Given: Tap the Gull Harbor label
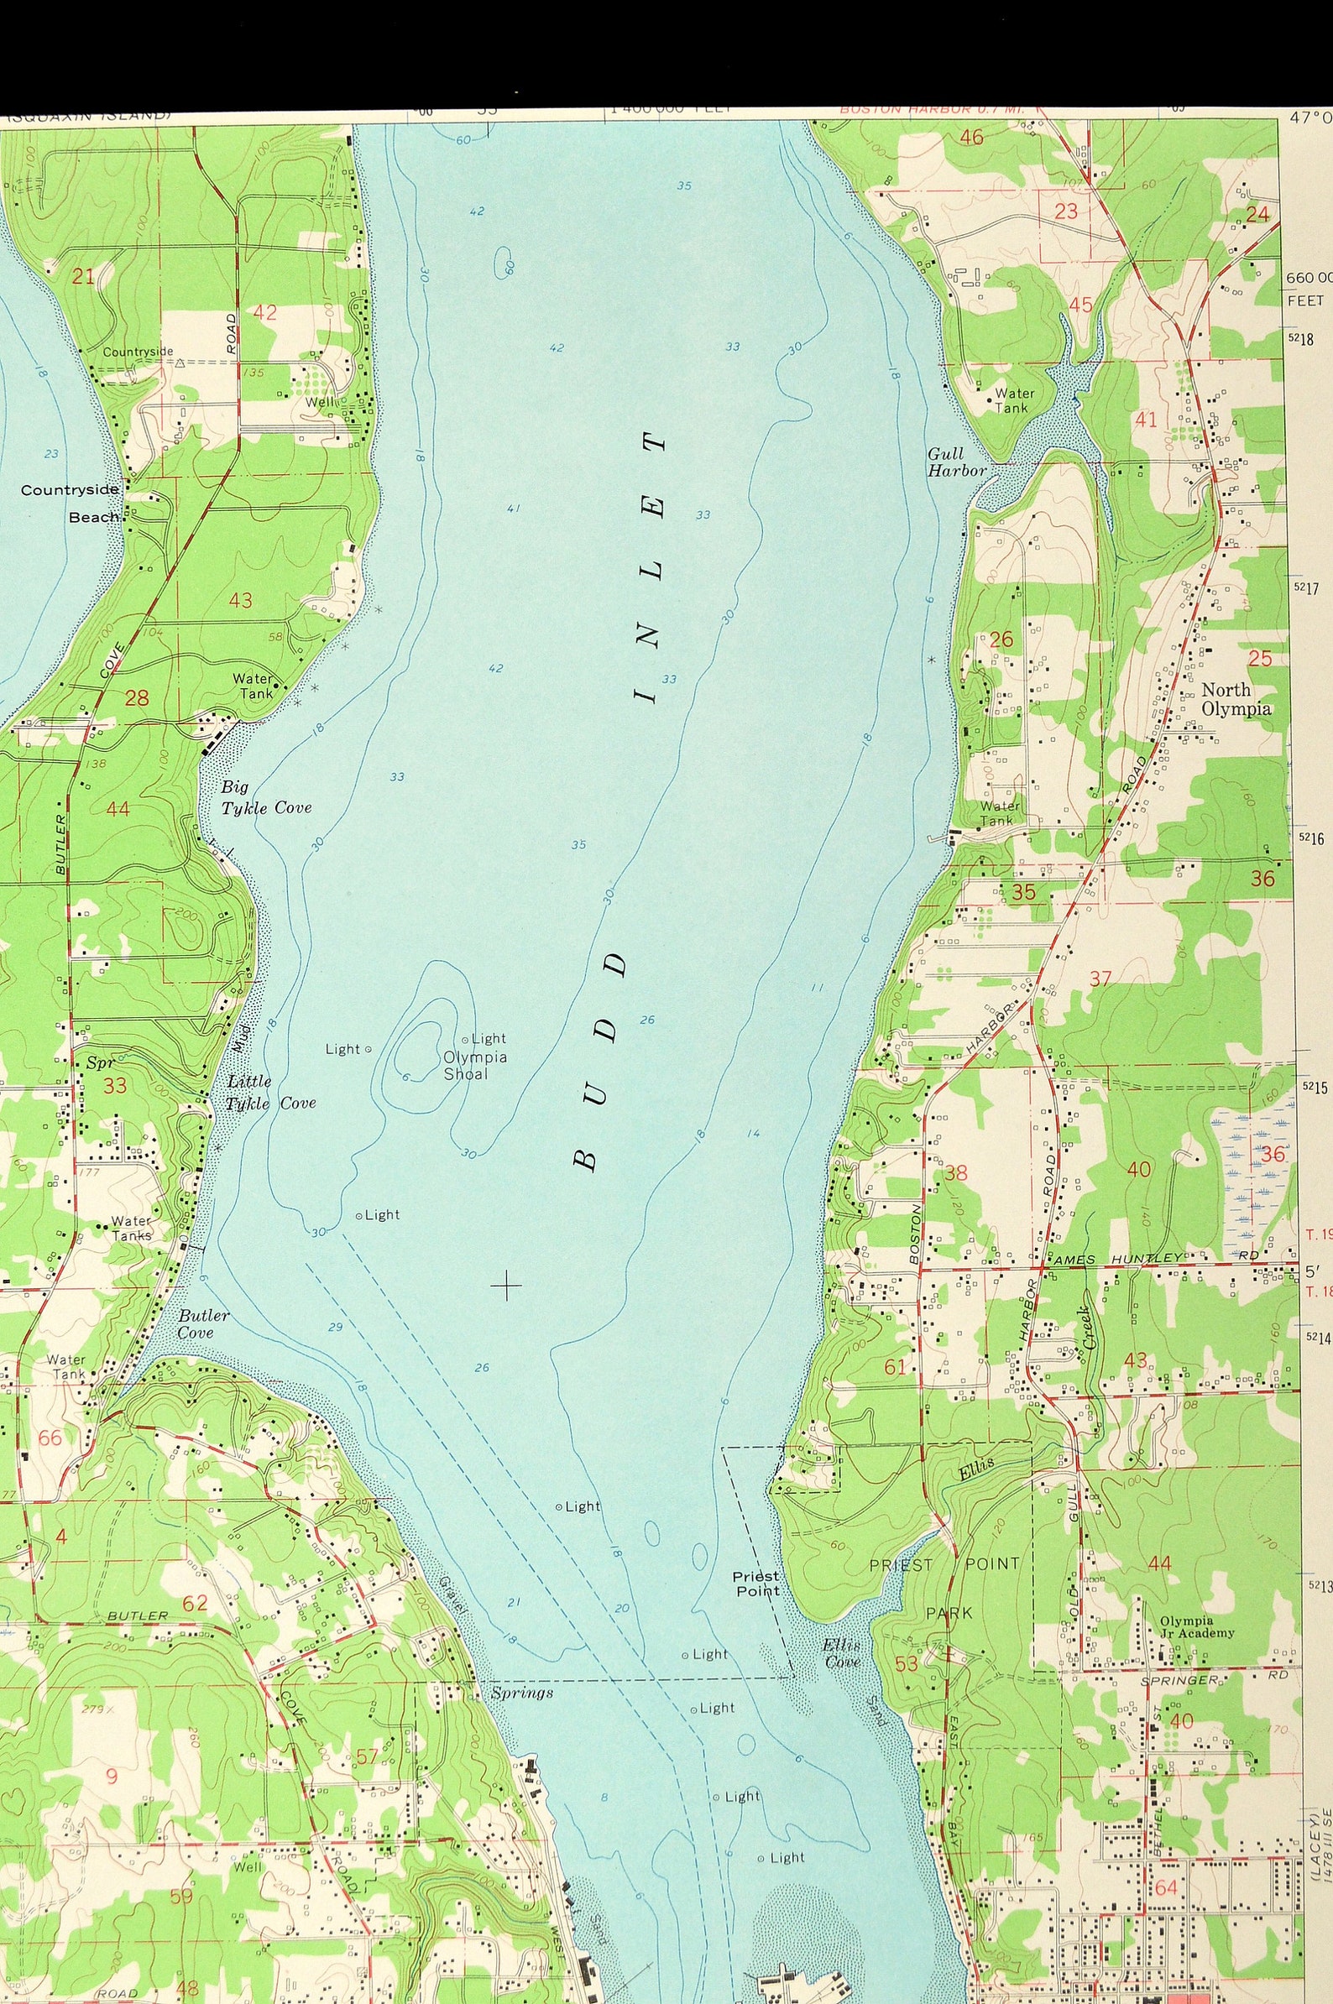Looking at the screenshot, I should pyautogui.click(x=956, y=462).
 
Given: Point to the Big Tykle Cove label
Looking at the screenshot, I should pyautogui.click(x=266, y=798).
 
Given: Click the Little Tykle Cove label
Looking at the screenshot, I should pyautogui.click(x=270, y=1092).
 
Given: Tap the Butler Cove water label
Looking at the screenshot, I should pyautogui.click(x=203, y=1323).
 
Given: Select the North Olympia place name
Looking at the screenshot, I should pyautogui.click(x=1236, y=699).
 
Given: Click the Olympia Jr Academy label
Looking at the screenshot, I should pyautogui.click(x=1197, y=1626).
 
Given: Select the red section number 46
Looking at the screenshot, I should pyautogui.click(x=971, y=137).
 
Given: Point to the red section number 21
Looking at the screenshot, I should pyautogui.click(x=83, y=275).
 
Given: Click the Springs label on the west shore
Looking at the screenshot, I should pyautogui.click(x=522, y=1693).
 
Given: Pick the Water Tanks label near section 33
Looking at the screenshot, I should pyautogui.click(x=132, y=1229).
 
